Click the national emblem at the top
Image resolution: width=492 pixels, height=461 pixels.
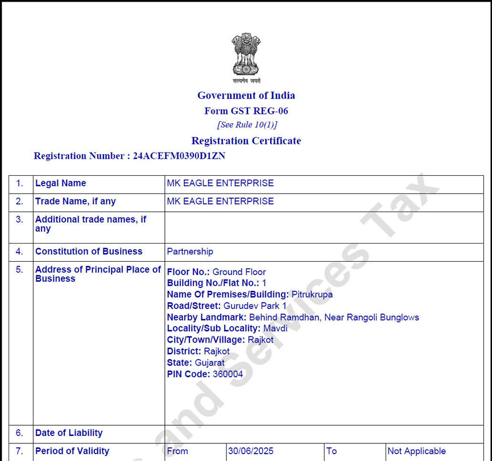[x=246, y=57]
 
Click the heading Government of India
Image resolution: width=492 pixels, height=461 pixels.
[x=246, y=96]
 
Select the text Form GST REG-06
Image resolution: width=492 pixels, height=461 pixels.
[x=246, y=111]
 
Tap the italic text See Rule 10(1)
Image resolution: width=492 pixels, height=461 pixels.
[x=247, y=125]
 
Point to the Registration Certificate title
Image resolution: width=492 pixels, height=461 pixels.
[x=246, y=141]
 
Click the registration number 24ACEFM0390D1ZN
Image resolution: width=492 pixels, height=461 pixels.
[x=179, y=156]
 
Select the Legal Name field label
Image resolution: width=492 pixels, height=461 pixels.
[x=61, y=183]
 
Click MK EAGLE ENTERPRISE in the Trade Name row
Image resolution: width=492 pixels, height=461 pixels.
[x=220, y=201]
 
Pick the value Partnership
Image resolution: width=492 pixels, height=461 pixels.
[x=190, y=252]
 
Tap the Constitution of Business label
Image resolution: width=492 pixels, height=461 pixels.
[x=89, y=252]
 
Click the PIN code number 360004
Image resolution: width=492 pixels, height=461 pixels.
[x=228, y=374]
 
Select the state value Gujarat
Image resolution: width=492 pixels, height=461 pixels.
[x=210, y=363]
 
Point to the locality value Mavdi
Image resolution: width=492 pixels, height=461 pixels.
[x=275, y=328]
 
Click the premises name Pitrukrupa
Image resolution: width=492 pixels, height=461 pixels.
[x=312, y=294]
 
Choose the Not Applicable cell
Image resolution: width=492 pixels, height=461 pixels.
[x=416, y=451]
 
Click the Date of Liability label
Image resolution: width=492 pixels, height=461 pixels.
[x=69, y=433]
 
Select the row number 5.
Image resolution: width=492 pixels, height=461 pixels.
[x=20, y=270]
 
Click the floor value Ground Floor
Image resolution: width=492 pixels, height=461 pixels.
[x=239, y=272]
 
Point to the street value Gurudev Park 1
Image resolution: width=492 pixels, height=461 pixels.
[x=255, y=306]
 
